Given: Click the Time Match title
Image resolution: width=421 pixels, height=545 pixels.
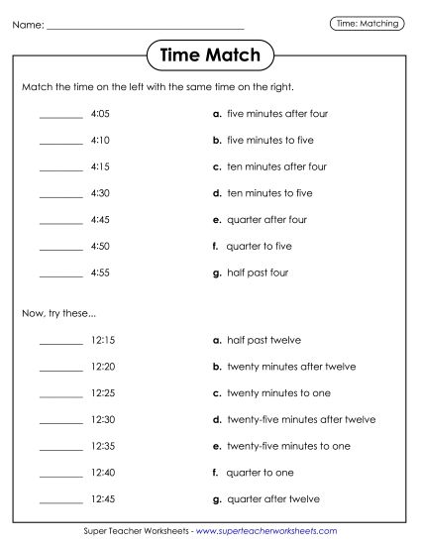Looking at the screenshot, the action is tap(210, 55).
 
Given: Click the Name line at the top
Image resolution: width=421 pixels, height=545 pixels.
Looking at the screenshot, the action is tap(145, 27).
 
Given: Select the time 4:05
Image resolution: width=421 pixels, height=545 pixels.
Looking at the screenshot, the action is tap(99, 114).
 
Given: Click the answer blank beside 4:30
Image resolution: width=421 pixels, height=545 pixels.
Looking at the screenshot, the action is tap(60, 194).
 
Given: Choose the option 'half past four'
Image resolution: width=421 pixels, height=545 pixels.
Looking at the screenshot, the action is tap(257, 272).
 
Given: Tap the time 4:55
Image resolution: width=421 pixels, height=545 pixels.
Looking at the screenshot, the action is tap(99, 272).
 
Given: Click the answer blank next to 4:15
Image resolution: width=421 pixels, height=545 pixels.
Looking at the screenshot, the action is tap(60, 167).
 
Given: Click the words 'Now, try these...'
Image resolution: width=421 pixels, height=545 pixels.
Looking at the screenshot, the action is tap(58, 314).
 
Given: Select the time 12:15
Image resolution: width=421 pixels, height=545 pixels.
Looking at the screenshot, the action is tap(103, 341).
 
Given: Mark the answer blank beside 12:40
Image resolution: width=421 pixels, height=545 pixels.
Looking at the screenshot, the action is tap(60, 473).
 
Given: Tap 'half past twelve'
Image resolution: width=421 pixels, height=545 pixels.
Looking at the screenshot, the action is tap(263, 341).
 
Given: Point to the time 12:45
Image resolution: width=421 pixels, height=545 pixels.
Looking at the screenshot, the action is tap(103, 498).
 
